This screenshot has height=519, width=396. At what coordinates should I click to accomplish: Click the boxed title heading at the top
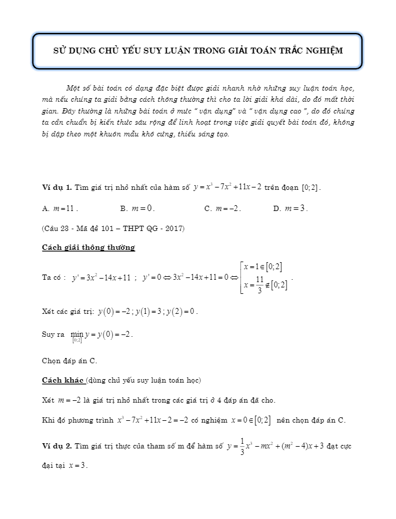[198, 51]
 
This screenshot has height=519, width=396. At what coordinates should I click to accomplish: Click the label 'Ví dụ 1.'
[56, 187]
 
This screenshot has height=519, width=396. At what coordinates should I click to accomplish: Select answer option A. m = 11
[61, 208]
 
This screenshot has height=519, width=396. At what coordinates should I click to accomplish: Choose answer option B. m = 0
[137, 208]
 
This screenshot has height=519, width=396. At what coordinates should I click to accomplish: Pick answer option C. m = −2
[223, 208]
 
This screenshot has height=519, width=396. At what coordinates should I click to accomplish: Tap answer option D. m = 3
[291, 208]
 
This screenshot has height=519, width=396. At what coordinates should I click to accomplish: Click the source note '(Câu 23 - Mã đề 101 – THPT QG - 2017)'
[113, 228]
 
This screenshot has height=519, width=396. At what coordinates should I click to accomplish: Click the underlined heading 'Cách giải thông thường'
[89, 247]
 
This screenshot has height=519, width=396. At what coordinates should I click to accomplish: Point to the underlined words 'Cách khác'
[63, 380]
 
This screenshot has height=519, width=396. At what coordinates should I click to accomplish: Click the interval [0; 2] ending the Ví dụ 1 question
[311, 187]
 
